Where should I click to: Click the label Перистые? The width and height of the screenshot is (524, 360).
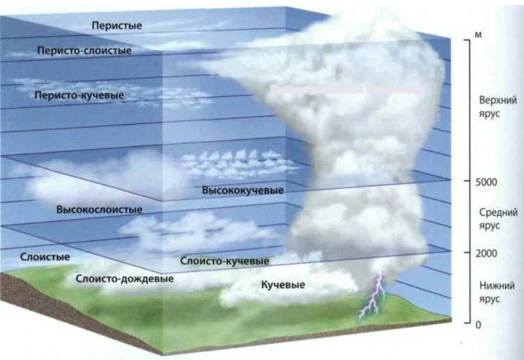pos(117,26)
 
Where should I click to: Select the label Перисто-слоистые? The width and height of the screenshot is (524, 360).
pos(84,50)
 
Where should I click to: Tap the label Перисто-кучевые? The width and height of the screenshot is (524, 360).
pos(79,96)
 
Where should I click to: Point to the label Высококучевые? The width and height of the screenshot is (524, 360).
pos(242,190)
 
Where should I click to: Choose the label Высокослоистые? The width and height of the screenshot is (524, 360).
pos(99,210)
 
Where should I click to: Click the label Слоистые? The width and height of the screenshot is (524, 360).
pos(45,257)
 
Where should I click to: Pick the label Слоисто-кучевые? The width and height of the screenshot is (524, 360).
pos(224,261)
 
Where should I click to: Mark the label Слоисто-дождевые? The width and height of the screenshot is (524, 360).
pos(124,279)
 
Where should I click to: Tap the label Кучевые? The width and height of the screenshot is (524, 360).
pos(283,285)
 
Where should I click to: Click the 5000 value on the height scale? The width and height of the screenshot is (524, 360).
pos(486,182)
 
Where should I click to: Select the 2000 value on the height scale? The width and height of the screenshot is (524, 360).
pos(486,253)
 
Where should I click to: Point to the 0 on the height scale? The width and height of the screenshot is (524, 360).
pos(478,325)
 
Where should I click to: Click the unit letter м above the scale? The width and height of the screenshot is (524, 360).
pos(478,35)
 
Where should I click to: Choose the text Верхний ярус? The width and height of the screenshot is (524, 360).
pos(498,107)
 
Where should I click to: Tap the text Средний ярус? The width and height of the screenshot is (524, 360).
pos(498,219)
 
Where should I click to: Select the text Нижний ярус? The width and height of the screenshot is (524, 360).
pos(497,292)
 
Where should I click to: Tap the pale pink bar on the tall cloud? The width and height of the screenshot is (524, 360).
pos(346,90)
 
